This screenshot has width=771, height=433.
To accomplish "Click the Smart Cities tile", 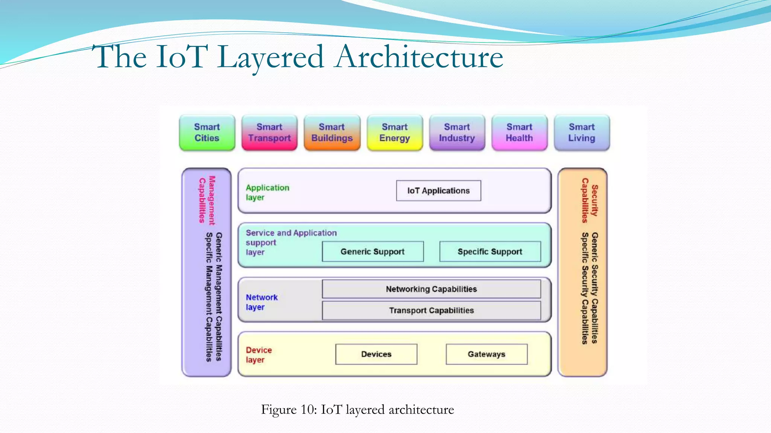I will pos(207,133).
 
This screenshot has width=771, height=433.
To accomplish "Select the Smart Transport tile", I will pos(270,133).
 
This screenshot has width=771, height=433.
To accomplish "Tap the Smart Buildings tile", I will pos(332,133).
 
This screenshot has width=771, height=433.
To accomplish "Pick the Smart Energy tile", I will pos(395,133).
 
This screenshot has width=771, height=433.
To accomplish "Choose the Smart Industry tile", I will pos(457,133).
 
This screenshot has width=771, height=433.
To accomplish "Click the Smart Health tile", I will pos(520,133).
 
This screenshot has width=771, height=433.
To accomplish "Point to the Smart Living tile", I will pos(582,133).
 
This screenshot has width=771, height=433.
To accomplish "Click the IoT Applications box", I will pos(439,191).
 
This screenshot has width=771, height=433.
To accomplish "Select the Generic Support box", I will pos(373,251).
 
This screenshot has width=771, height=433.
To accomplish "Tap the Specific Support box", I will pos(490,251).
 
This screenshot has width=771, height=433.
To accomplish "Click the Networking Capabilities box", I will pos(431,289).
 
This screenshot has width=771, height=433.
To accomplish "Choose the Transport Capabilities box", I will pos(431,310).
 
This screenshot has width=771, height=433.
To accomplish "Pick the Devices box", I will pos(376,354).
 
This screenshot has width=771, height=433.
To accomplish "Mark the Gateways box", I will pos(486,354).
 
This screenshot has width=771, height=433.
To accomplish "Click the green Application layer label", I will pos(267,192).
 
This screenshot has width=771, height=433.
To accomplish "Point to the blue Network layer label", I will pos(261,302).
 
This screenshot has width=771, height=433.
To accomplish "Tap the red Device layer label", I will pos(259,354).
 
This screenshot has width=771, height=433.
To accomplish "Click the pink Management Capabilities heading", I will pos(207,200).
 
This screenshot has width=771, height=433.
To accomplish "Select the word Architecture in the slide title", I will pos(419,57).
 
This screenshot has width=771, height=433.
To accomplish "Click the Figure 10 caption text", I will pos(357,409).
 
